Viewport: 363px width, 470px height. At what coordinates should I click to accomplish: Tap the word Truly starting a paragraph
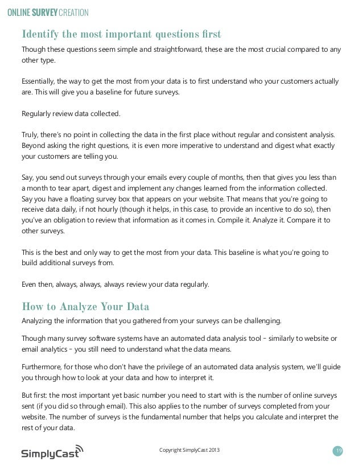coord(31,134)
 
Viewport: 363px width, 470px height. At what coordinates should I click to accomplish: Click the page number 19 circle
coord(339,451)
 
